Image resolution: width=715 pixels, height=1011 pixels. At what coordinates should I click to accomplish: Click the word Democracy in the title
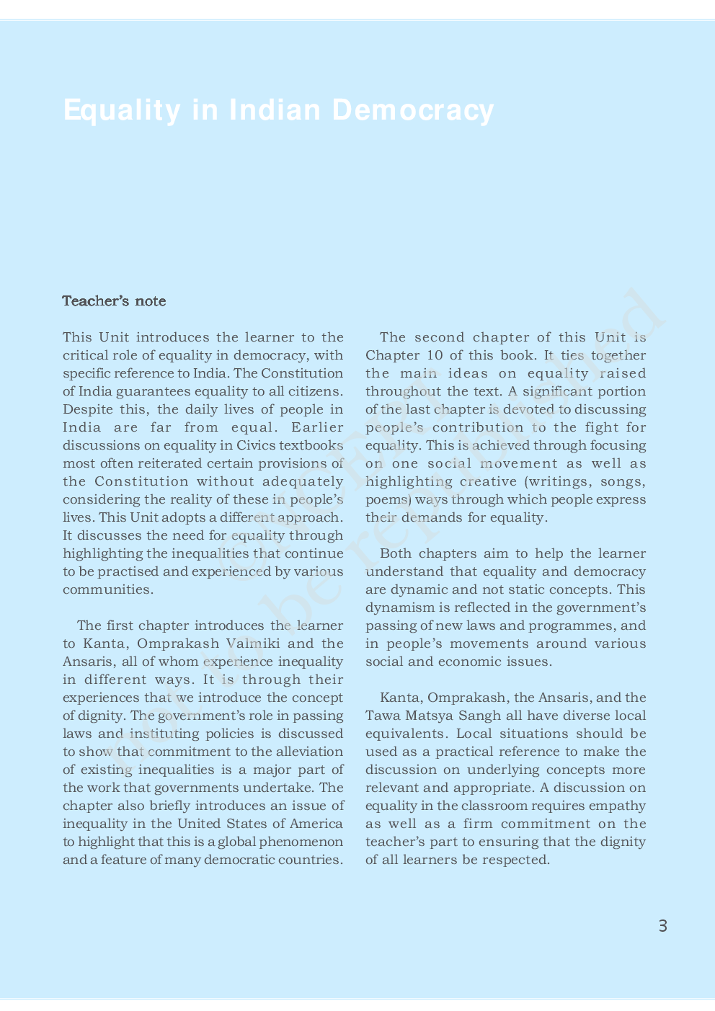point(413,110)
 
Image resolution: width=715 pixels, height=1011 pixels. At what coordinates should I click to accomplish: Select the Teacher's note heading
point(114,301)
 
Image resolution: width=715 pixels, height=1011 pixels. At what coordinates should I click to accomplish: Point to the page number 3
point(663,926)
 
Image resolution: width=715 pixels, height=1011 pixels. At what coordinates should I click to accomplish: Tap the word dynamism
point(400,607)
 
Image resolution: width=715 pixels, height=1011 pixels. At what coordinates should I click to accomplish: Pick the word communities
point(107,589)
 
